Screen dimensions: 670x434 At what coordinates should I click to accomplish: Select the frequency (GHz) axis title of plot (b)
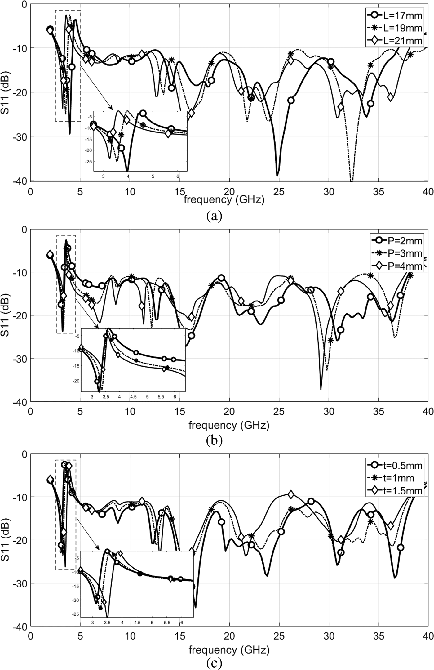pos(229,425)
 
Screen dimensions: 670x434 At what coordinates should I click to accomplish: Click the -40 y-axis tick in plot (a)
pos(19,181)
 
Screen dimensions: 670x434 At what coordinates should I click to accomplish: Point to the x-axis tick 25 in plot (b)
pos(279,412)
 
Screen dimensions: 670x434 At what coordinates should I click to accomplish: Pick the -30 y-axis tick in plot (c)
pos(19,583)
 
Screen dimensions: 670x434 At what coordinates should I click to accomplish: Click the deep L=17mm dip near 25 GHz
pos(277,176)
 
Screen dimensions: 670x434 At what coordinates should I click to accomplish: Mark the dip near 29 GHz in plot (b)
pos(321,389)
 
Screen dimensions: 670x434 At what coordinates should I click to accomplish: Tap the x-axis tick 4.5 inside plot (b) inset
pos(133,397)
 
